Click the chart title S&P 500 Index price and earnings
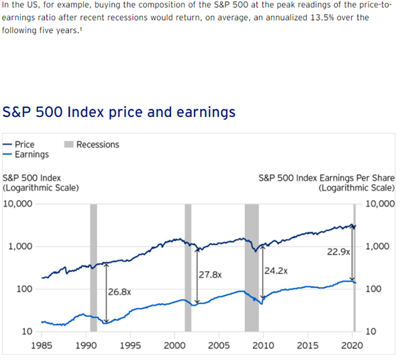pos(119,111)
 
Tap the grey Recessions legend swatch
pos(68,144)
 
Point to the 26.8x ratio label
pos(119,292)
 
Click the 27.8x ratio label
pos(210,275)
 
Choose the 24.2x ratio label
pos(276,271)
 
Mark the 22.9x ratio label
pos(339,251)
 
